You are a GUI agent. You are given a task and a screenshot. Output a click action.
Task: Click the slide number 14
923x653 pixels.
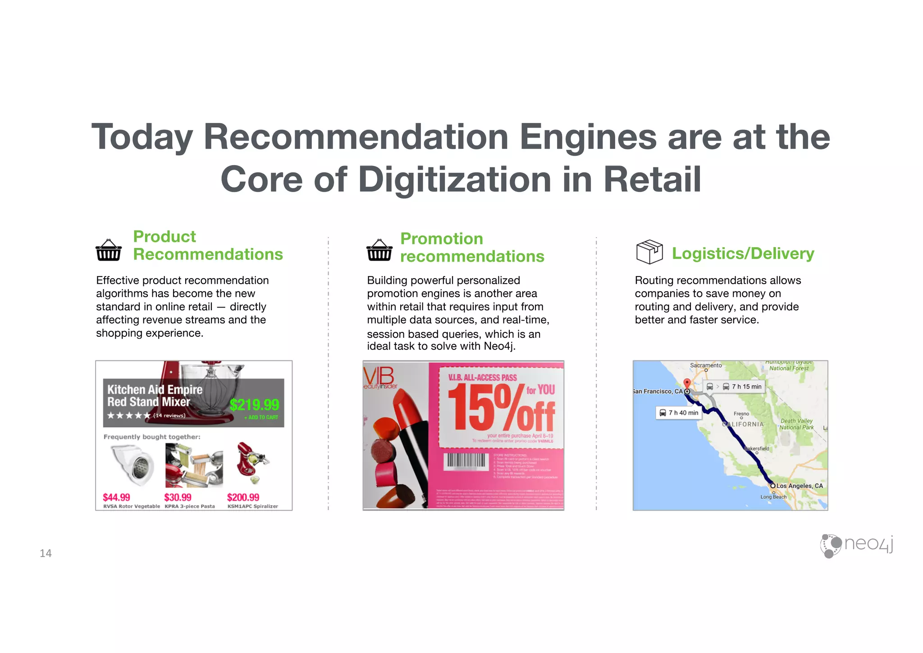[x=46, y=553]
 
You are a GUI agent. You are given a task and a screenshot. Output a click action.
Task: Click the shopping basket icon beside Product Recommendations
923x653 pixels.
[x=109, y=250]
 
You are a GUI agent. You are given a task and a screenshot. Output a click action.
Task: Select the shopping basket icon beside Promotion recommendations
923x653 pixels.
[x=379, y=250]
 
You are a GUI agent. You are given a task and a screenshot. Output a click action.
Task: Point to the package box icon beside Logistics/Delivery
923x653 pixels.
[x=649, y=252]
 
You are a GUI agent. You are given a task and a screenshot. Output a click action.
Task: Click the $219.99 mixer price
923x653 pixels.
[x=254, y=405]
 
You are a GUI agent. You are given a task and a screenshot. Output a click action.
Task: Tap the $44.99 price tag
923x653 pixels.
[x=116, y=497]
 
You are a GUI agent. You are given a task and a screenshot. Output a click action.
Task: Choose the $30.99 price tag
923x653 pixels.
[x=178, y=497]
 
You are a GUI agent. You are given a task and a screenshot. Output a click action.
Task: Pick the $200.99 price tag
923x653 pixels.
[x=243, y=497]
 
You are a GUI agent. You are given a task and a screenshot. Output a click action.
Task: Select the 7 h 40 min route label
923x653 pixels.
[x=679, y=413]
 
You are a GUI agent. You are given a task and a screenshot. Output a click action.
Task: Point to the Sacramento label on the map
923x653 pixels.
[x=706, y=365]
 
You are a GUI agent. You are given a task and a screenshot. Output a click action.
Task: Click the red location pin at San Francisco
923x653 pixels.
[x=687, y=384]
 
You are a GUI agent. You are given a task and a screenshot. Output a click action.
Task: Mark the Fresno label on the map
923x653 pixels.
[x=741, y=414]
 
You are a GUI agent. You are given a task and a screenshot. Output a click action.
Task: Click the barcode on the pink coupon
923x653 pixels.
[x=466, y=461]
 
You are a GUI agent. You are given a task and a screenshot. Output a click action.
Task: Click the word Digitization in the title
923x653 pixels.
[x=455, y=179]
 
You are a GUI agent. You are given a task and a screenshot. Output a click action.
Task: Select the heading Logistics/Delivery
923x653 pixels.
[x=743, y=253]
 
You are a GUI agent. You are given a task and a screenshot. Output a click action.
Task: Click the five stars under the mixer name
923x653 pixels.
[x=128, y=415]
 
